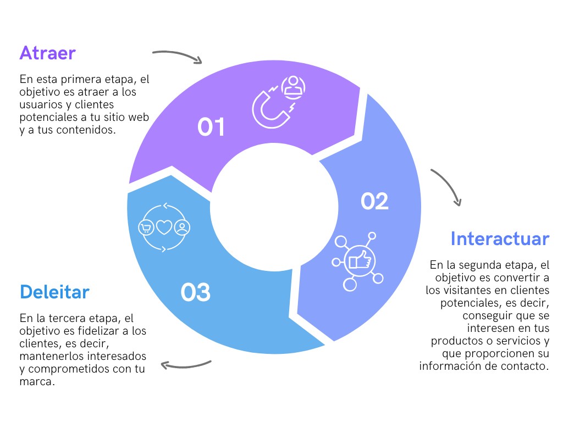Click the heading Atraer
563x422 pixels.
point(47,53)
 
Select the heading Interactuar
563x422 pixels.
point(500,238)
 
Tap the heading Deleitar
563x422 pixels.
point(54,292)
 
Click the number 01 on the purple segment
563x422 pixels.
point(211,127)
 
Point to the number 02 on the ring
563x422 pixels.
point(374,201)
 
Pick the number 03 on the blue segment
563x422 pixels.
point(195,292)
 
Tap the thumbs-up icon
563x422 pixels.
point(360,261)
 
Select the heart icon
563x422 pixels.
point(164,227)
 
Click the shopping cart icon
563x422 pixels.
point(146,228)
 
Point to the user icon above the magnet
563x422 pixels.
point(294,87)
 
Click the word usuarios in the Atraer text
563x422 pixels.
point(41,105)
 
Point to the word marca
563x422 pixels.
point(37,381)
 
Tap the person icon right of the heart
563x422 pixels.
point(182,227)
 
